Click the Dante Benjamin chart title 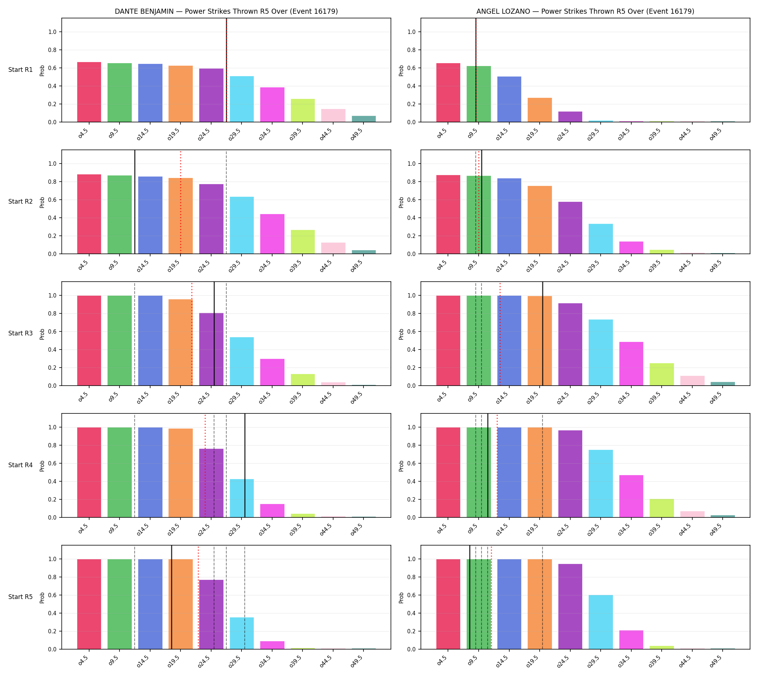[226, 11]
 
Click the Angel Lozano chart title [585, 11]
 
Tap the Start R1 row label [21, 70]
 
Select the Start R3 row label [21, 333]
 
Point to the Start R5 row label [21, 596]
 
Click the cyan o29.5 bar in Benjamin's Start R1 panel [242, 99]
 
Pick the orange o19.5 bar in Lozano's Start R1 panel [540, 110]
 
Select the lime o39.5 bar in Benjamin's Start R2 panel [303, 242]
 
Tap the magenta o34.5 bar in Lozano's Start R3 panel [631, 364]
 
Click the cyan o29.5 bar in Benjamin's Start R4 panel [242, 498]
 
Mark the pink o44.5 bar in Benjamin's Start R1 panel [333, 115]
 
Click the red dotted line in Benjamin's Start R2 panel [181, 202]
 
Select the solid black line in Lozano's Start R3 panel [543, 334]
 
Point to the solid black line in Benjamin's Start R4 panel [245, 465]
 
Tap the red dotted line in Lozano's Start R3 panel [500, 334]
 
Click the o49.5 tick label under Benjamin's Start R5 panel [357, 664]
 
